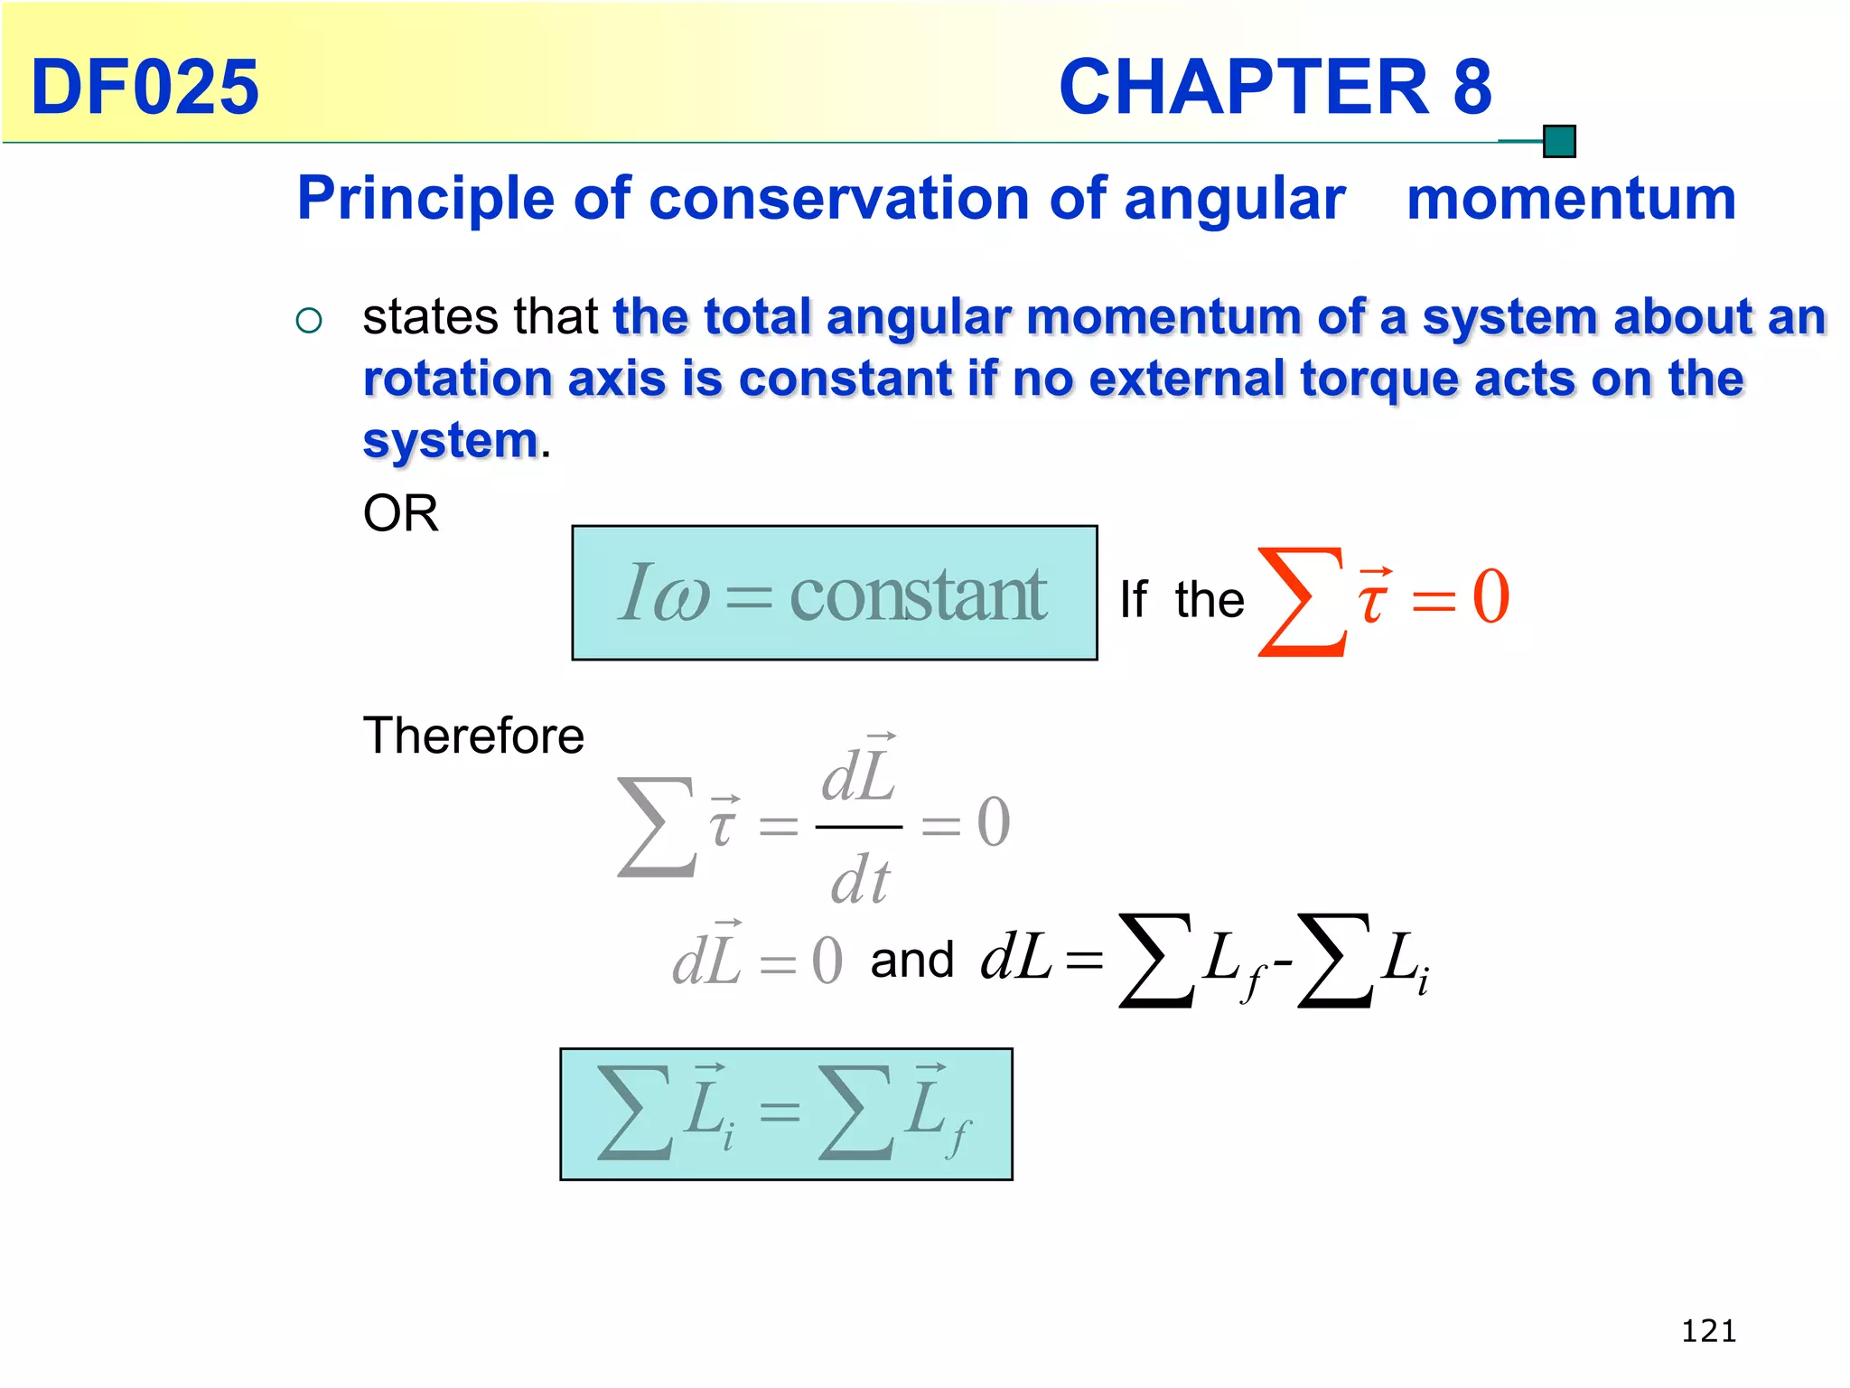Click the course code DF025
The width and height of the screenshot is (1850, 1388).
click(145, 87)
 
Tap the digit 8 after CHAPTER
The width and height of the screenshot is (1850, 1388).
click(1472, 87)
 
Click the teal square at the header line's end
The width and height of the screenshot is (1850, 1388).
click(1559, 142)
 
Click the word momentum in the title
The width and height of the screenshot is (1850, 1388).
click(1571, 199)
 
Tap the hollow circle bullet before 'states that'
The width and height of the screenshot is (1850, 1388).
click(309, 321)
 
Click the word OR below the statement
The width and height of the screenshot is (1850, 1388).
click(400, 513)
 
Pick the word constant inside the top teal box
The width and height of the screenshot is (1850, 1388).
click(918, 595)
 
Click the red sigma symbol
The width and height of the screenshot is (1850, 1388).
click(1298, 601)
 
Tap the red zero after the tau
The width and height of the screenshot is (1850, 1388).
click(1490, 596)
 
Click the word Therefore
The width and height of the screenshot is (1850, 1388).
click(473, 735)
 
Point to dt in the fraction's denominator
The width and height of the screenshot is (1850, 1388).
click(860, 880)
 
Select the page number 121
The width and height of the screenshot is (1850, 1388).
click(1708, 1331)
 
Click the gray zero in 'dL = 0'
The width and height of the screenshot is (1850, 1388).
click(827, 961)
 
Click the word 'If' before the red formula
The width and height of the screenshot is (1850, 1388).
click(1133, 599)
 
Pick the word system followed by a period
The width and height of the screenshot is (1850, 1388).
click(450, 441)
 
